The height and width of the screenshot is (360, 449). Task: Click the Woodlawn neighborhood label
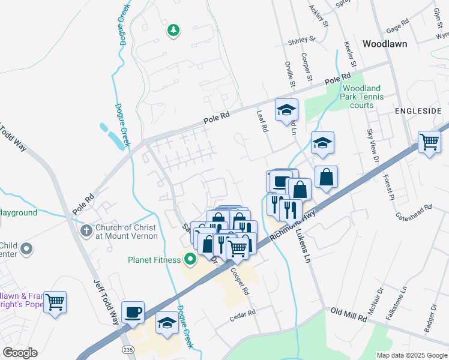(385, 44)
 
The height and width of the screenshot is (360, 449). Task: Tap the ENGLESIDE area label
(418, 112)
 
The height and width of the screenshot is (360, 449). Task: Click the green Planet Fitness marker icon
(190, 259)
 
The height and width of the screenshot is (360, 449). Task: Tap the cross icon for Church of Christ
(86, 230)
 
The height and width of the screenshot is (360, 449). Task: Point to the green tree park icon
(173, 29)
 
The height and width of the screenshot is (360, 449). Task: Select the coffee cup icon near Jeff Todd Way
(133, 312)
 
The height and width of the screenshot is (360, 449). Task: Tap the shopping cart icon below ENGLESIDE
(429, 143)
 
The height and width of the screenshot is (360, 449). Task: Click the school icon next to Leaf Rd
(286, 110)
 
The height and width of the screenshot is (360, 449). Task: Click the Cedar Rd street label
(243, 314)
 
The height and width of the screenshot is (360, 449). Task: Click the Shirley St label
(302, 40)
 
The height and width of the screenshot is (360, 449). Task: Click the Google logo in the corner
(20, 353)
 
